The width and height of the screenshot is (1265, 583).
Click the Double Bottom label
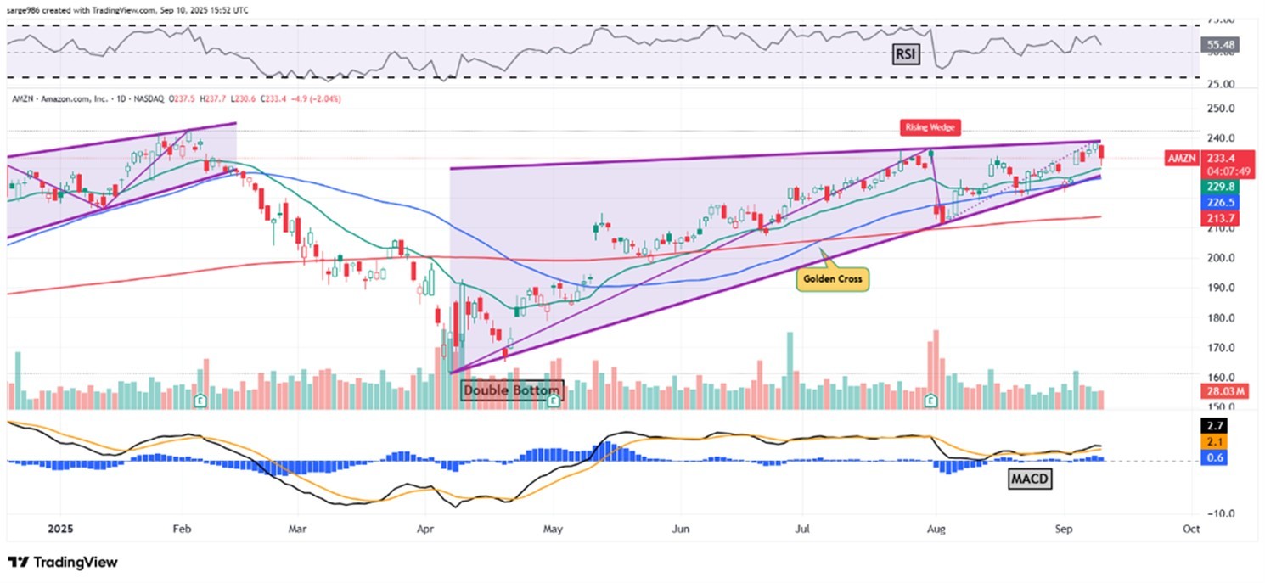[x=512, y=391]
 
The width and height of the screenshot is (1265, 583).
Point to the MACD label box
[x=1030, y=479]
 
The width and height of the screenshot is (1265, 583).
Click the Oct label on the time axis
[x=1191, y=529]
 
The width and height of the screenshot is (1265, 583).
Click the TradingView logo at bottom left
[x=63, y=563]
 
